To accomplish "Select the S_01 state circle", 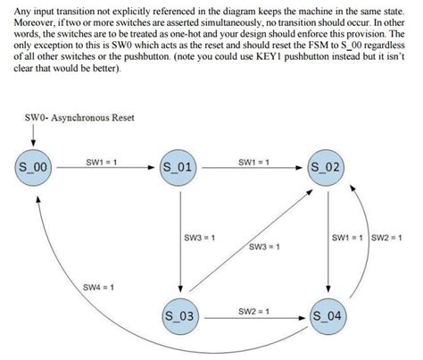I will click(x=181, y=167).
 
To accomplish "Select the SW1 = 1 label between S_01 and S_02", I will click(x=255, y=162).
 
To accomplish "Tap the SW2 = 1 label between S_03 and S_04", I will click(x=255, y=311).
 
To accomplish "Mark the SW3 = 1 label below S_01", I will click(x=199, y=238).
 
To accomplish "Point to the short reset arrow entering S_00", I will click(x=35, y=136).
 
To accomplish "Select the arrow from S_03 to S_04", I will click(x=254, y=317).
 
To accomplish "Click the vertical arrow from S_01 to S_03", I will click(x=181, y=241).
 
